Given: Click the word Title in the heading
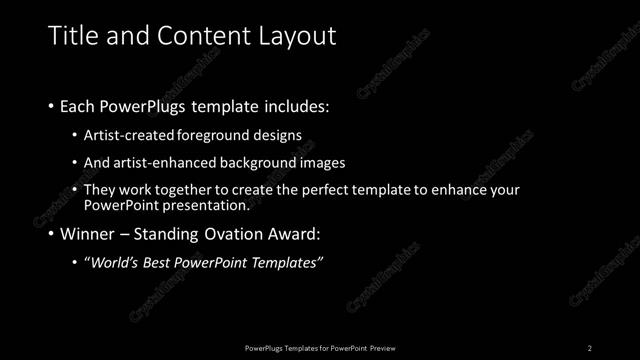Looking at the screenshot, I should pos(71,36).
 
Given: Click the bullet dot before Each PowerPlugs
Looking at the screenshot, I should pos(52,105).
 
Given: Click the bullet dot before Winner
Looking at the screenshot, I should pos(52,235).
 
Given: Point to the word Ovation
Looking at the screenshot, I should pos(238,235).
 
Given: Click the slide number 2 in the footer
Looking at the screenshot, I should pos(590,348).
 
